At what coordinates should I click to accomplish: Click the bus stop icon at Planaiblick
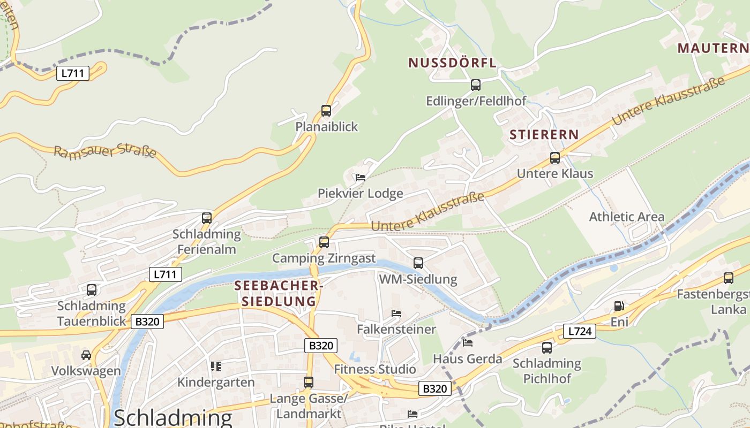pos(326,111)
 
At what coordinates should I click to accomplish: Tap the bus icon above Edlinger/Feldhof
pos(475,85)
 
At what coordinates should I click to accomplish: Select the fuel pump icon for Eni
pos(619,306)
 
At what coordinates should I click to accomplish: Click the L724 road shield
pos(580,331)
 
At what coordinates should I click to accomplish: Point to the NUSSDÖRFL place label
pos(453,63)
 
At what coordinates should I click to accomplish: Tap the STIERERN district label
pos(544,135)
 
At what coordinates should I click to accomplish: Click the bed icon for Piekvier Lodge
pos(360,177)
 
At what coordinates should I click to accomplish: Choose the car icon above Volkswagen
pos(86,355)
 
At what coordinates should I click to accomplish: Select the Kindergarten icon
pos(216,366)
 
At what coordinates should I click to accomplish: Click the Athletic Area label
pos(626,217)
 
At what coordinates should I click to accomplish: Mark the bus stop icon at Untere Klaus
pos(555,158)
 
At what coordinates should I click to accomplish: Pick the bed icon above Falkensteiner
pos(396,313)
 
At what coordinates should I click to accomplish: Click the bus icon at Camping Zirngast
pos(324,242)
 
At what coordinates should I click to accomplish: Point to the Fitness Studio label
pos(375,369)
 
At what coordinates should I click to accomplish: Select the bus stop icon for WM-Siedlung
pos(418,263)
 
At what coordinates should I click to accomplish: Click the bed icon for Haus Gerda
pos(468,342)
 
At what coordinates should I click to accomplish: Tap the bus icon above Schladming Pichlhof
pos(546,347)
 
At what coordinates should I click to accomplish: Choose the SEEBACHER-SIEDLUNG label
pos(279,293)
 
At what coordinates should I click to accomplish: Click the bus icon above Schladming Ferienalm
pos(207,218)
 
